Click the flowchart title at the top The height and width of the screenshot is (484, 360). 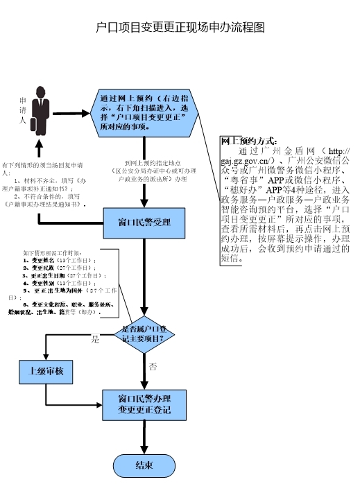180,28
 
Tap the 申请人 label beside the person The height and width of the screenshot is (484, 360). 23,110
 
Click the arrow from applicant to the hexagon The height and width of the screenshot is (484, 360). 72,114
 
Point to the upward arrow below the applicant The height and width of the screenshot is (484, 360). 40,148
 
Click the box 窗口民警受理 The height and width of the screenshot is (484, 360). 144,223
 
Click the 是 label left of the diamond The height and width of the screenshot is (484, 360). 95,340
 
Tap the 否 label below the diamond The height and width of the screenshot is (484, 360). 153,365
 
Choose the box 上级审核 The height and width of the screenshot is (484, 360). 46,372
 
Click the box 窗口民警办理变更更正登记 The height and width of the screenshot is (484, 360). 144,405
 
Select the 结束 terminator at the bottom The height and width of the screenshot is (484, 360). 144,464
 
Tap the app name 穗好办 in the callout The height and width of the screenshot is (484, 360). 244,189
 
